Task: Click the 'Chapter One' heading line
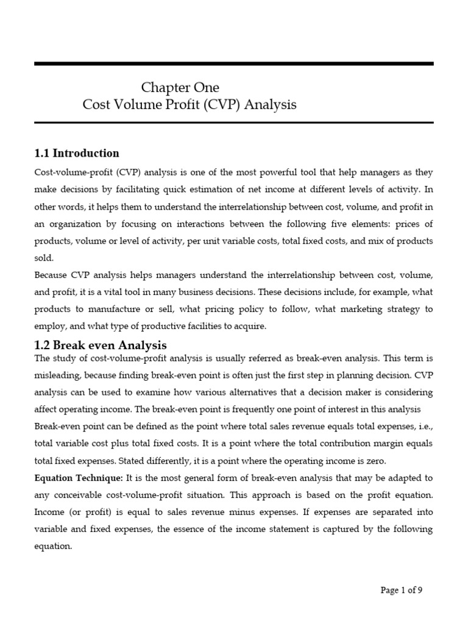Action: point(180,87)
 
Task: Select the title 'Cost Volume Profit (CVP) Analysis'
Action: point(190,104)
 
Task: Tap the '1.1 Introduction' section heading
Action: point(77,153)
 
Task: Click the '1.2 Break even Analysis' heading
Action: point(101,346)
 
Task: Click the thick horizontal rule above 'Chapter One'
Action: point(234,63)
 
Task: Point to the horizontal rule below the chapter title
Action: point(234,122)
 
